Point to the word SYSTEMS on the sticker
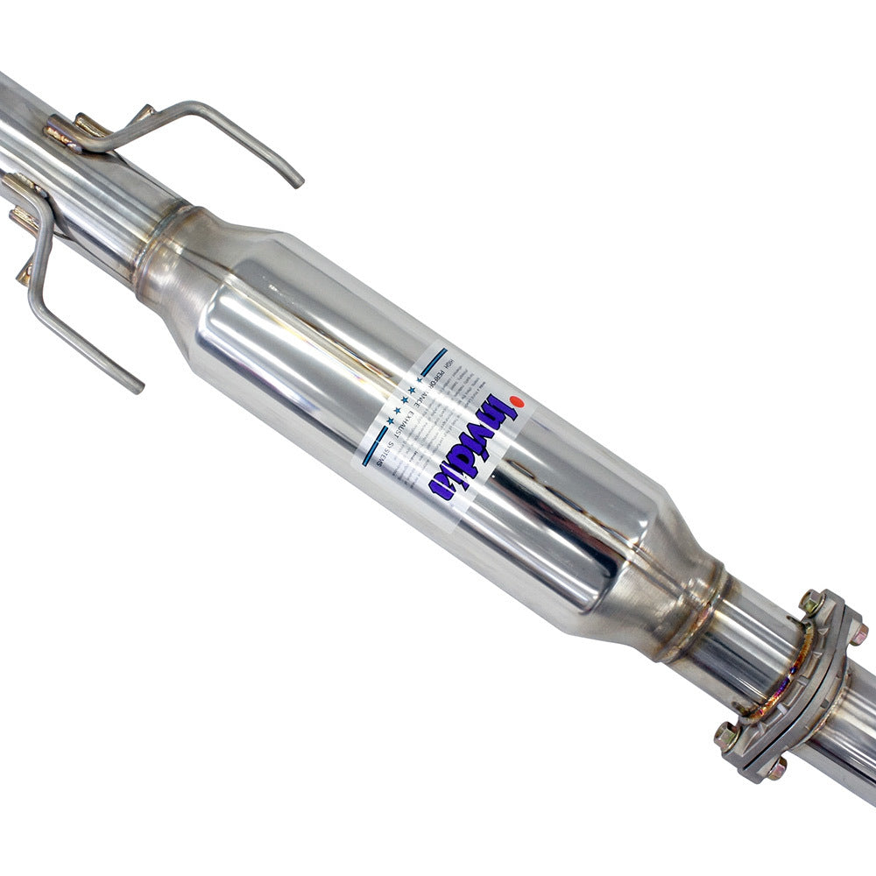pyautogui.click(x=399, y=452)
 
